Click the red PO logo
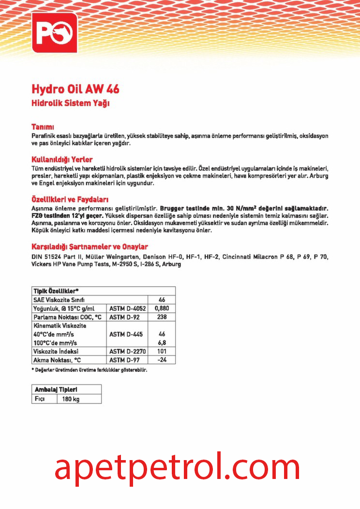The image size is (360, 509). (x=54, y=35)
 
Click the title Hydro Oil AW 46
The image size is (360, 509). (x=75, y=90)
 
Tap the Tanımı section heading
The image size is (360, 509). (x=42, y=126)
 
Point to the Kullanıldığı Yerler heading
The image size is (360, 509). (x=62, y=159)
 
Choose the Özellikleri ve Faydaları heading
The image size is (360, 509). (x=70, y=200)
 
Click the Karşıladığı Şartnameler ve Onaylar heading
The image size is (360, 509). (x=90, y=247)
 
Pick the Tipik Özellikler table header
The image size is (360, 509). (x=56, y=291)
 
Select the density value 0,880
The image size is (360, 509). (x=162, y=308)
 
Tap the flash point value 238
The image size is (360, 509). (x=162, y=317)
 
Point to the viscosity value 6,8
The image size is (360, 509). (x=162, y=343)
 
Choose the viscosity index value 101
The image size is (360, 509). (x=162, y=351)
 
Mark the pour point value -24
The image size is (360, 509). (x=162, y=360)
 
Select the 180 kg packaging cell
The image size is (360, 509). (x=70, y=399)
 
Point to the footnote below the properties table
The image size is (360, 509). (x=89, y=370)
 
